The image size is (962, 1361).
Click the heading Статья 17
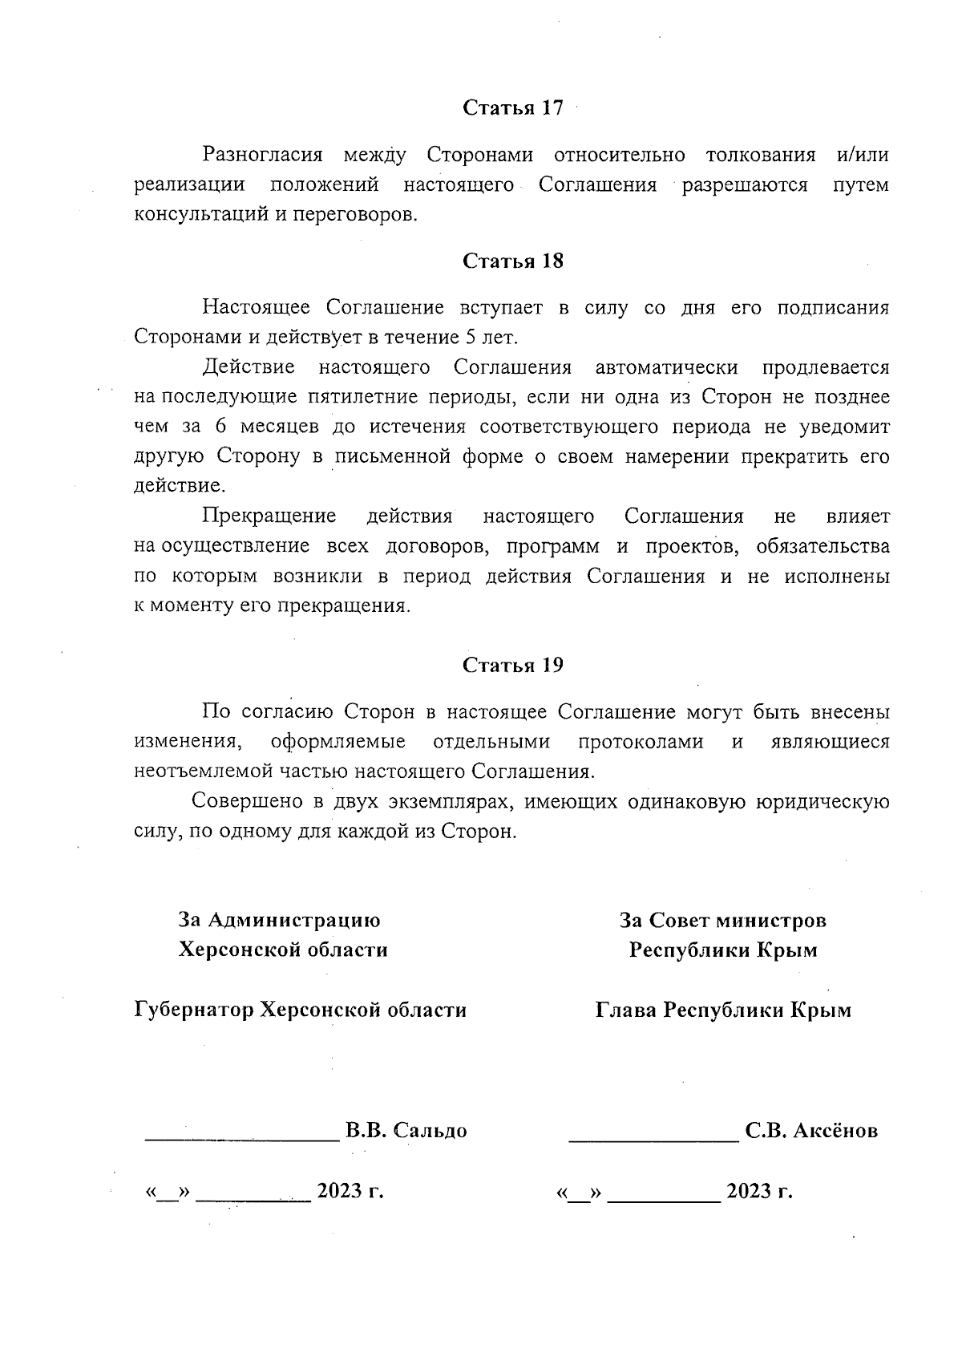tap(513, 108)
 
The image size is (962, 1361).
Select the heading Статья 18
tap(513, 261)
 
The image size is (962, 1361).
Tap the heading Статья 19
tap(513, 666)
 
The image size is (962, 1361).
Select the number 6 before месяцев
tap(220, 427)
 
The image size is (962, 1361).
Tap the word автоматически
tap(666, 368)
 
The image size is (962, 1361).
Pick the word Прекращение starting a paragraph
tap(269, 516)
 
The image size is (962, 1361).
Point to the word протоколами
tap(641, 742)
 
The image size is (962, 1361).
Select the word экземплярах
tap(417, 802)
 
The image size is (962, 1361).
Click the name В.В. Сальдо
tap(406, 1132)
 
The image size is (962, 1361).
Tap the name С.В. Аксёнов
tap(811, 1132)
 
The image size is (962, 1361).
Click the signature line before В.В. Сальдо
tap(241, 1138)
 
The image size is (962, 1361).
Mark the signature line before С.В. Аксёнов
tap(653, 1138)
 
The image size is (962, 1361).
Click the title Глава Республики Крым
tap(723, 1011)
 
